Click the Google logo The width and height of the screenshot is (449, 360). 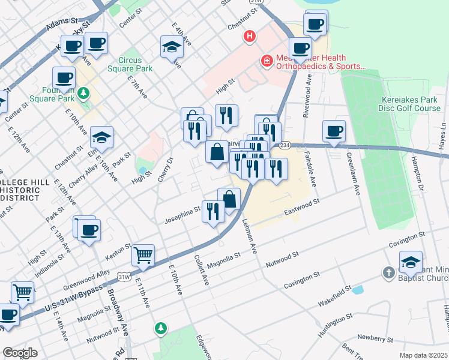point(20,353)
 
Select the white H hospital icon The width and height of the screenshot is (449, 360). point(250,37)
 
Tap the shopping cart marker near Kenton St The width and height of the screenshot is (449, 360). point(143,256)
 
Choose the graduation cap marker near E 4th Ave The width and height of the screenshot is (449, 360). point(172,47)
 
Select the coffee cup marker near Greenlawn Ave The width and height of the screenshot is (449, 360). point(334,131)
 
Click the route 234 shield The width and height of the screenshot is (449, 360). point(285,145)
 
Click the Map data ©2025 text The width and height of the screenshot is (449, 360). point(423,355)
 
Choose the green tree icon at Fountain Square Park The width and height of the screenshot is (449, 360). point(84,94)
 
